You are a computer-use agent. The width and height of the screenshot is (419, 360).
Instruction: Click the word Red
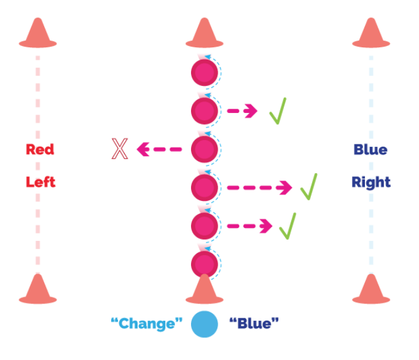tap(40, 149)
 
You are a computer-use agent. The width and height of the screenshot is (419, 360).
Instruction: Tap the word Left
tap(40, 182)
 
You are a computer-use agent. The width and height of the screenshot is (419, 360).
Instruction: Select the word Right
tap(371, 182)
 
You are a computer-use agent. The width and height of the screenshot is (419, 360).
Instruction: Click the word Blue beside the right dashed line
tap(370, 149)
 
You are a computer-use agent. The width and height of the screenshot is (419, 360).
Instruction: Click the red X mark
tap(119, 149)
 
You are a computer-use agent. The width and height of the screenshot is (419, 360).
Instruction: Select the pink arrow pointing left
tap(160, 149)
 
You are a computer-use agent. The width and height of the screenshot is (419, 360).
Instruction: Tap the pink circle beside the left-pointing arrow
tap(205, 149)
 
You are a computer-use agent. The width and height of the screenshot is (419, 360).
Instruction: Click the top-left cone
tap(37, 33)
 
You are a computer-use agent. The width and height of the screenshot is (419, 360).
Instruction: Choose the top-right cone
tap(371, 33)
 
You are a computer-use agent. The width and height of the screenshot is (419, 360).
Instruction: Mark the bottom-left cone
tap(37, 289)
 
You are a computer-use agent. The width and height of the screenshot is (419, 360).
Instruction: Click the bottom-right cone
tap(371, 289)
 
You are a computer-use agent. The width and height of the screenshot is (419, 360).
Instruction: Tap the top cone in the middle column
tap(205, 33)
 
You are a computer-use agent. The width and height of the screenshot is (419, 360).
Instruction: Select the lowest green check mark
tap(287, 225)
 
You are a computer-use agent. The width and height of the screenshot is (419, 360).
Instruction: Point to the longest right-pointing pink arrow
tap(259, 187)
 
